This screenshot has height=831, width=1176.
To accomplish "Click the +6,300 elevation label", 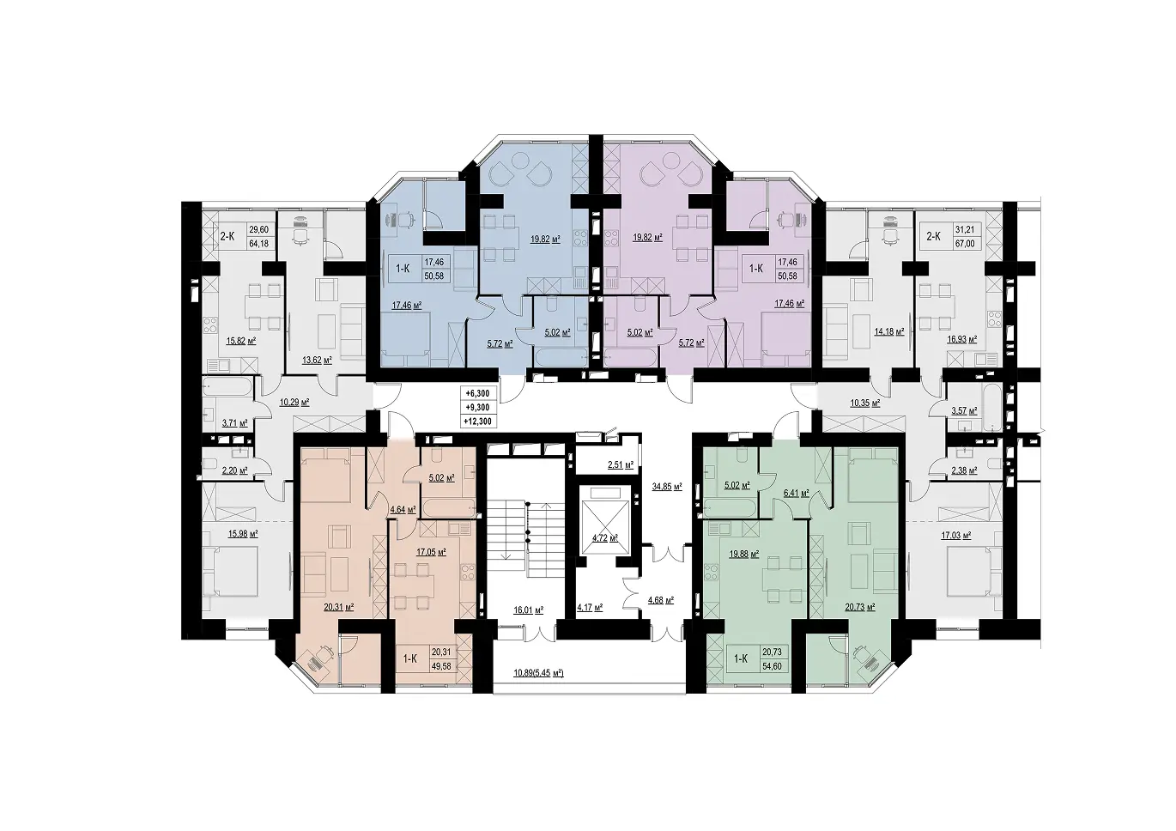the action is (477, 393).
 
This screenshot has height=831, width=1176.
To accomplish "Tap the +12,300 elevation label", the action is (477, 421).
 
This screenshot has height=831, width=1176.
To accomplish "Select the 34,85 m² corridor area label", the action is (667, 487).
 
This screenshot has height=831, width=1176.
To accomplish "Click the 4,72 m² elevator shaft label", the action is (605, 537).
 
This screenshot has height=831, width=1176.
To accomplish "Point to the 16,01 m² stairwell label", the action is (528, 610).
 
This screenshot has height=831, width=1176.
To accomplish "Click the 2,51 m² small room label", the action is (621, 464).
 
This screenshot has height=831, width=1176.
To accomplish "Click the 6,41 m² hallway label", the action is (796, 493).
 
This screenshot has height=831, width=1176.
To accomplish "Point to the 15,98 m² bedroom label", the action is (242, 533).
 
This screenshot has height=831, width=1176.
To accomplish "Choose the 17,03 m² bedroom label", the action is (955, 536).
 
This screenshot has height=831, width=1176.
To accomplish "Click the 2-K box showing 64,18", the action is (246, 236).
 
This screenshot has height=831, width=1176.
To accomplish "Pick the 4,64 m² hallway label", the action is (402, 509).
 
